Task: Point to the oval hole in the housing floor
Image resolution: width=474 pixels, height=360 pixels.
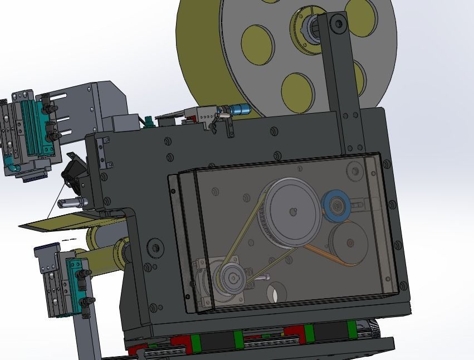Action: (x=275, y=291)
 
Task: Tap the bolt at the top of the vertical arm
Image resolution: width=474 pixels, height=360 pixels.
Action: (x=337, y=23)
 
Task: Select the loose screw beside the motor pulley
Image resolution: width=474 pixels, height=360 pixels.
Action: (x=258, y=276)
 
